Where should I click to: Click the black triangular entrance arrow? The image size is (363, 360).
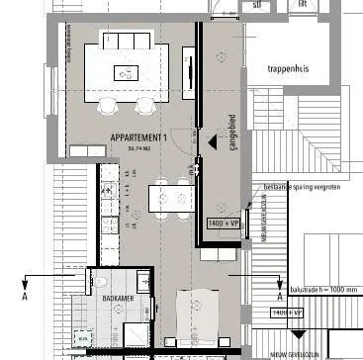tap(211, 142)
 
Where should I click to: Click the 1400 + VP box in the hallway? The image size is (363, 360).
tap(225, 225)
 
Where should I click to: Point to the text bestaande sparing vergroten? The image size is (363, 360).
tap(296, 185)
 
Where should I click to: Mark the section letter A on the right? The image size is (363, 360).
tap(280, 295)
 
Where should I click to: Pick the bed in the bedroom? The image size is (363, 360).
tap(198, 321)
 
